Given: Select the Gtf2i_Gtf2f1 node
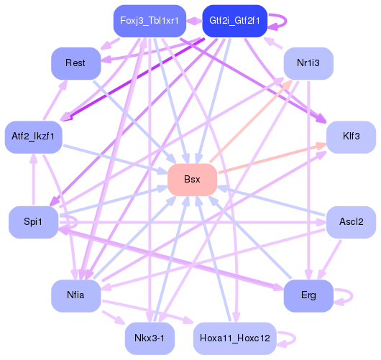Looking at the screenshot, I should (x=235, y=21).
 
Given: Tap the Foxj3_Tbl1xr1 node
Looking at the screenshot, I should (x=150, y=21).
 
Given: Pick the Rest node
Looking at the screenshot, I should (x=75, y=64).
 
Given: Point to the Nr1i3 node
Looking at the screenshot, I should (x=308, y=64).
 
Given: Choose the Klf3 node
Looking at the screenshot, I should (x=351, y=136).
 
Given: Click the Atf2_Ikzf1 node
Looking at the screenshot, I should (x=33, y=136).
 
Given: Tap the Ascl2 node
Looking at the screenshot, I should (x=351, y=222).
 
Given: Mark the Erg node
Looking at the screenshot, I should (x=308, y=295).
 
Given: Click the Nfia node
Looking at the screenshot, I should (x=75, y=295).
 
